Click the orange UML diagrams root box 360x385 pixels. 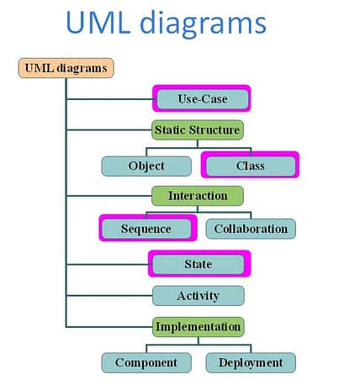point(66,68)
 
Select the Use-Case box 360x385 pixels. point(203,99)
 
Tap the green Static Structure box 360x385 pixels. point(198,130)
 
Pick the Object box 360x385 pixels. point(146,166)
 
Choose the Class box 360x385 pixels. point(251,166)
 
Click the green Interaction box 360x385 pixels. point(198,196)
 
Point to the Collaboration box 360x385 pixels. point(251,229)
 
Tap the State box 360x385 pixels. point(199,264)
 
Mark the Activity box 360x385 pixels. point(199,296)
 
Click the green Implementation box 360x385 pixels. point(199,327)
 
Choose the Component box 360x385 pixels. point(146,363)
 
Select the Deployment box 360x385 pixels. point(251,363)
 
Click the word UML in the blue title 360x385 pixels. point(98,23)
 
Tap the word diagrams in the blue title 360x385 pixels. point(203,24)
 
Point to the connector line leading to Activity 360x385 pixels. point(109,296)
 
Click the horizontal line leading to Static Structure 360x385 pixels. point(109,130)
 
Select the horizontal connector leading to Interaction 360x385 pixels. point(109,196)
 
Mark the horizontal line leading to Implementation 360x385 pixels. point(109,327)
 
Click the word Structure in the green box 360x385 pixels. point(214,130)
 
